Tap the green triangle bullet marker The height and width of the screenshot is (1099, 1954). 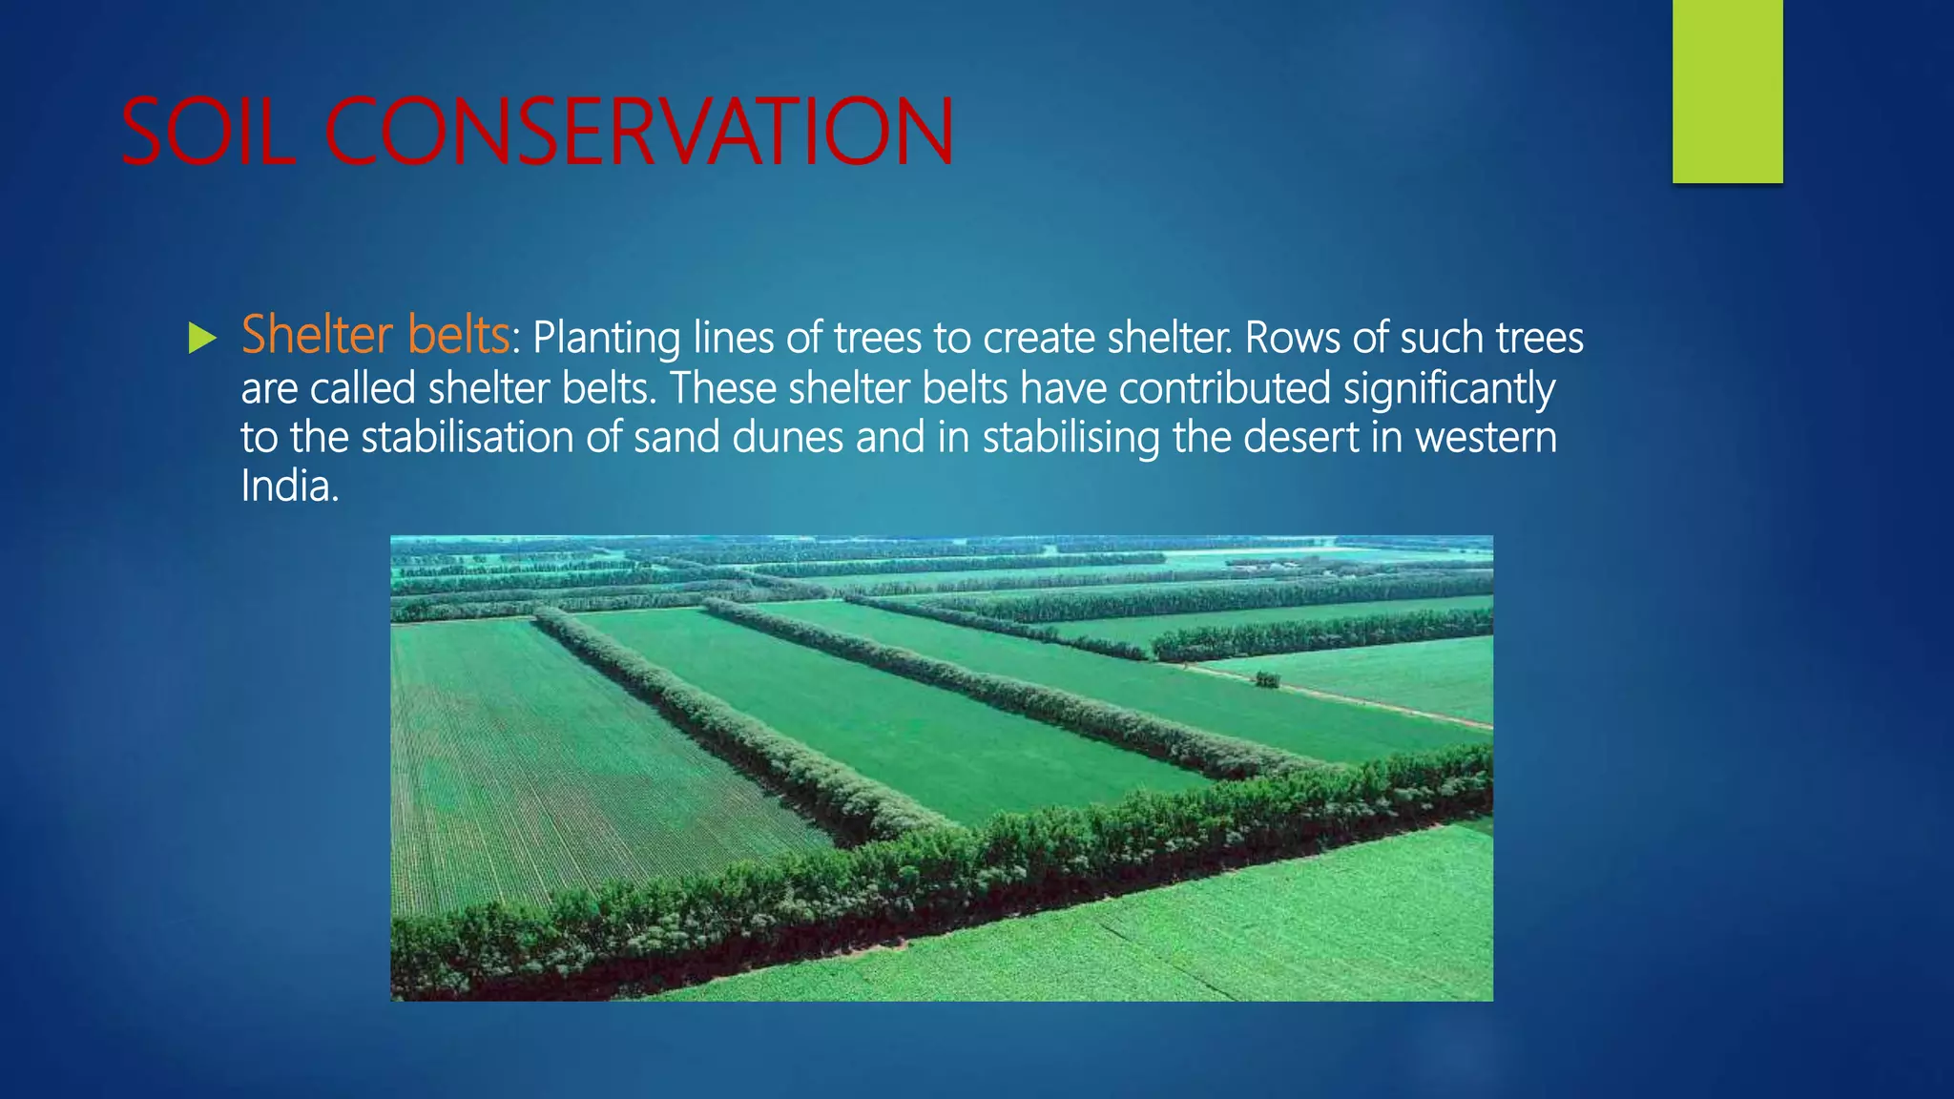(202, 338)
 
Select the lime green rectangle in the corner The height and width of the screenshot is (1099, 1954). (1727, 91)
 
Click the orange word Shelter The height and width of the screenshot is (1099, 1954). (317, 335)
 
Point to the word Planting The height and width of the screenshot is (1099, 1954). (606, 339)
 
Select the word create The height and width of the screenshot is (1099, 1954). (1039, 339)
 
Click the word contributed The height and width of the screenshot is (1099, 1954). (1224, 388)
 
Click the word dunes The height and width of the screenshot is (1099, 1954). (787, 438)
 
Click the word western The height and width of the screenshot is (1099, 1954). (1486, 438)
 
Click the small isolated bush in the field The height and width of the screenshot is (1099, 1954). (1267, 679)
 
